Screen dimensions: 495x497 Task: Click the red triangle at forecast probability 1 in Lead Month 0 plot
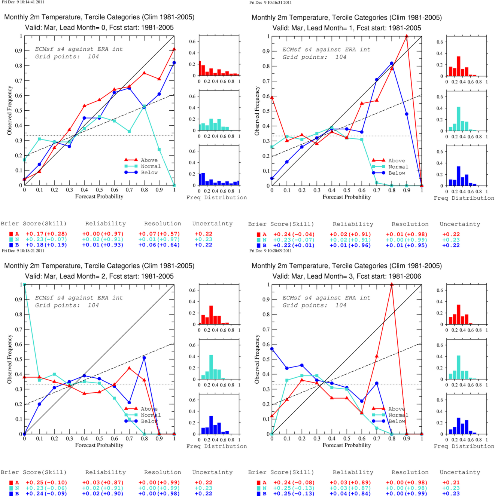tap(174, 49)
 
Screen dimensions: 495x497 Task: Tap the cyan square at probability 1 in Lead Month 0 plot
tap(174, 185)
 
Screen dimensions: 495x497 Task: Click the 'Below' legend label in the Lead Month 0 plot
tap(149, 172)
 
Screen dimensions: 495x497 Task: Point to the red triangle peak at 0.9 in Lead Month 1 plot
tap(407, 36)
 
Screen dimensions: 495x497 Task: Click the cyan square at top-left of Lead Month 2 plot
tap(24, 285)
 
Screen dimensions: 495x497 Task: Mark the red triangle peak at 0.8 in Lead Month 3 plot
tap(392, 284)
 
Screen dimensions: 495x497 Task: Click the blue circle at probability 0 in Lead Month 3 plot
tap(272, 349)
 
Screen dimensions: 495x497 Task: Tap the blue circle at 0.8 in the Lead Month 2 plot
tap(144, 358)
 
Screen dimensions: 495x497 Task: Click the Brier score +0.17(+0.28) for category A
tap(46, 234)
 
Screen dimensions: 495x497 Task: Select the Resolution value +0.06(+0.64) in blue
tap(159, 245)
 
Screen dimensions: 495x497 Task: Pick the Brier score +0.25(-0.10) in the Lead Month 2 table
tap(46, 482)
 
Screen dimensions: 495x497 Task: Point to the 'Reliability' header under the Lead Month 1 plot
tap(353, 224)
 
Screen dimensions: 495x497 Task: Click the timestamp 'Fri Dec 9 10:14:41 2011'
tap(23, 2)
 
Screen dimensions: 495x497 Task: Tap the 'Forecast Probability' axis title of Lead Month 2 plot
tap(99, 445)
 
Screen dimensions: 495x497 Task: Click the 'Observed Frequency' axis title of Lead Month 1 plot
tap(257, 111)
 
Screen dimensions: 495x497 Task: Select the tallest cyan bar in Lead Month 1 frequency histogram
tap(458, 119)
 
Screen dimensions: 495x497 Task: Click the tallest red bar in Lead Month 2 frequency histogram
tap(211, 315)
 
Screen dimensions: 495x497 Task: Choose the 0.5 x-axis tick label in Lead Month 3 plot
tap(347, 438)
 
